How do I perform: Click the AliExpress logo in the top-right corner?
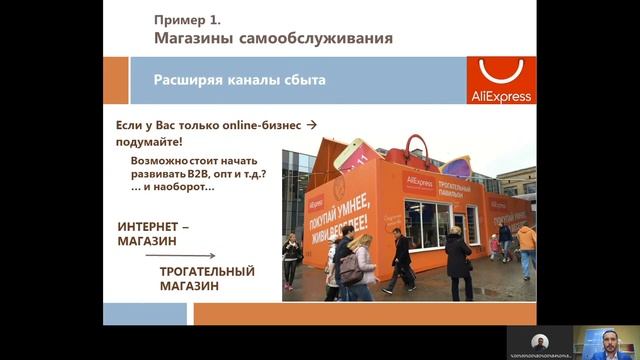point(500,80)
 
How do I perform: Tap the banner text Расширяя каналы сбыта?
point(239,79)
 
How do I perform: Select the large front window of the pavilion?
point(430,224)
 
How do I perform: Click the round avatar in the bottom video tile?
point(540,341)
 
